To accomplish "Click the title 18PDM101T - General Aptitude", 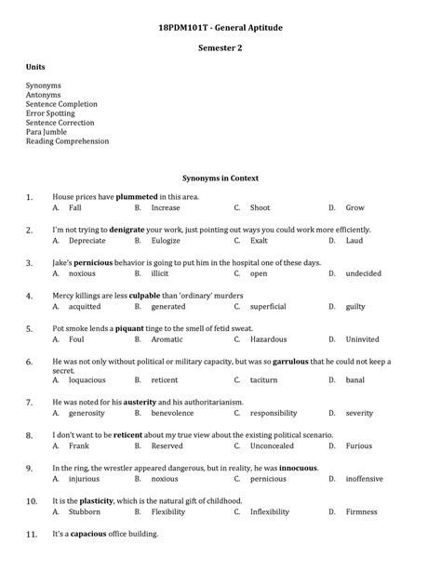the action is tap(220, 29).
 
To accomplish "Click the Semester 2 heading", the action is tap(220, 47).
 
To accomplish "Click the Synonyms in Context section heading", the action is tap(220, 178).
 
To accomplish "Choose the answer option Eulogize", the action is tap(166, 240).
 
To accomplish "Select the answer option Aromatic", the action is tap(167, 339).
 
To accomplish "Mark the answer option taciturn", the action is tap(265, 380).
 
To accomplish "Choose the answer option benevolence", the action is tap(172, 413).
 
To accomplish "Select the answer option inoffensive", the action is tap(363, 479).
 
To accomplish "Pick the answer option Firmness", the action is tap(361, 511).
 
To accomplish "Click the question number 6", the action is tap(29, 362).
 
